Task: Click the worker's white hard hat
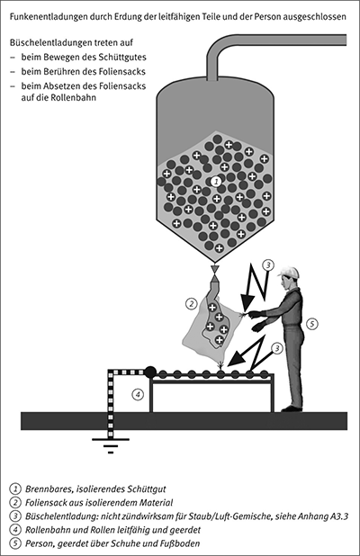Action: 289,273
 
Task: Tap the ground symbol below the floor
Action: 111,445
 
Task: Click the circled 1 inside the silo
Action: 216,182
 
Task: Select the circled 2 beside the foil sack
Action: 191,303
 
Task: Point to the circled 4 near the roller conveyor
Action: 138,394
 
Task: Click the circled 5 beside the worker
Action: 311,323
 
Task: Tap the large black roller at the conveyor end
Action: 150,372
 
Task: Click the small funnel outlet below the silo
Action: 214,269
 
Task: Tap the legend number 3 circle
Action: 14,516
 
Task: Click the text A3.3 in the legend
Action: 338,516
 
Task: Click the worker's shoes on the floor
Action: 292,408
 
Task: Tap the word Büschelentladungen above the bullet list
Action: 48,42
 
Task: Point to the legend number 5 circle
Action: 14,543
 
